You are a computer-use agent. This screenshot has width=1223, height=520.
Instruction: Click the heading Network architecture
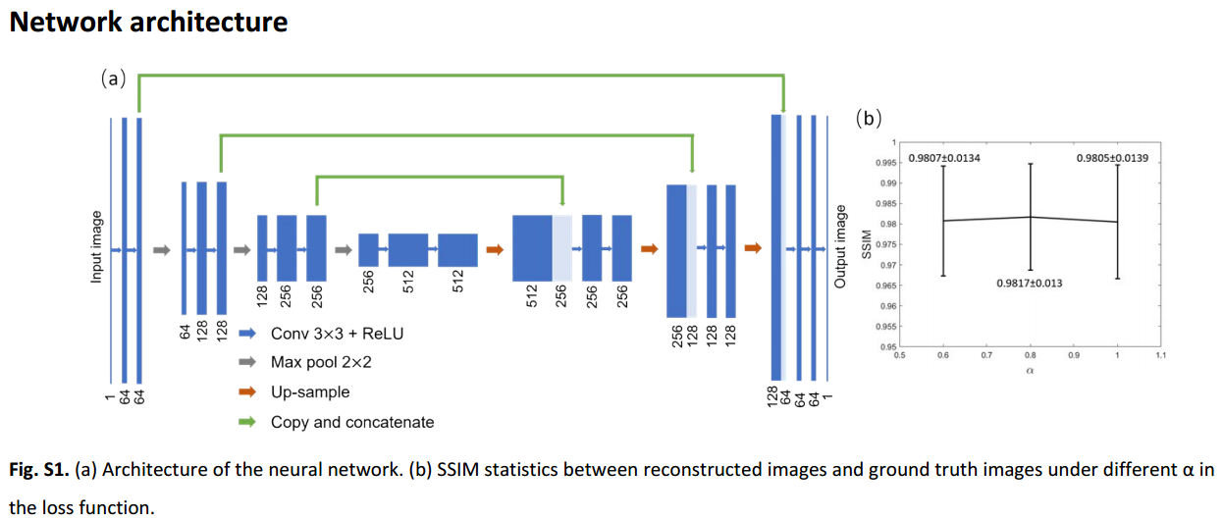coord(148,22)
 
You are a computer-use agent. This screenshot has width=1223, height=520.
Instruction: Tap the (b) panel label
coord(869,119)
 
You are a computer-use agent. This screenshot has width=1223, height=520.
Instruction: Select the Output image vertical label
coord(840,247)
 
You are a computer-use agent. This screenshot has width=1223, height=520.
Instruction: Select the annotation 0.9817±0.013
coord(1029,284)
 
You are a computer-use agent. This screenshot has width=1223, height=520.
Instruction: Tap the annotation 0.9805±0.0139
coord(1111,158)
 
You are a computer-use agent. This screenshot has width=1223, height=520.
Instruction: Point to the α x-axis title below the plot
coord(1030,371)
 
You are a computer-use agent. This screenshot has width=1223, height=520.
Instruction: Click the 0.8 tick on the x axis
coord(1030,354)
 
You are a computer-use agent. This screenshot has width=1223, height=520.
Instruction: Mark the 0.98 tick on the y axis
coord(888,224)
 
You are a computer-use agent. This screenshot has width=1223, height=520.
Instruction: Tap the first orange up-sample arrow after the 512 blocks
coord(495,250)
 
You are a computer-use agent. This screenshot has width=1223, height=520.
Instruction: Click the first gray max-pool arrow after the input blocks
coord(162,250)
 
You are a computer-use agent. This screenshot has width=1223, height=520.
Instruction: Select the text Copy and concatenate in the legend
coord(352,422)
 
